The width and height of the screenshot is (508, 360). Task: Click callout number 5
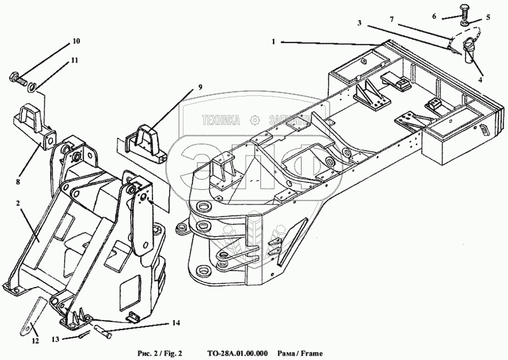488,18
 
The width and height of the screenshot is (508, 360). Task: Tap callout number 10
76,42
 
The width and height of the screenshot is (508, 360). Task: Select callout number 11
74,61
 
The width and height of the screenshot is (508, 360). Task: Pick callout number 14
175,323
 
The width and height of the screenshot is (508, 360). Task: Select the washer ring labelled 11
32,86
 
